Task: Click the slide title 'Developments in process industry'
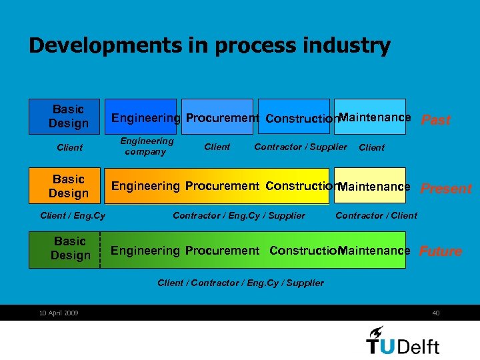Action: pos(209,45)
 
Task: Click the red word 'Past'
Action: pos(436,120)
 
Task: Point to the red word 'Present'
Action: pos(446,189)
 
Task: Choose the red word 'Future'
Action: pos(440,251)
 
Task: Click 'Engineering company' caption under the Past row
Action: pos(146,146)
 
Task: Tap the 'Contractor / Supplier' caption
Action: pos(301,147)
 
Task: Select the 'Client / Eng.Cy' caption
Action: pos(73,215)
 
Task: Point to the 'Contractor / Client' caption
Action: pos(376,215)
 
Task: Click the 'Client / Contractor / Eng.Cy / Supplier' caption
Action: pos(241,283)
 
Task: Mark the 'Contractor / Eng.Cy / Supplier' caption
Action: pos(239,215)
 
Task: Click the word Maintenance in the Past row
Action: pos(375,117)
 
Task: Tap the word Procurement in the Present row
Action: pos(222,186)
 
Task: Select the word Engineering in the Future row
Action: pos(145,251)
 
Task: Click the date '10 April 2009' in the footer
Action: pos(59,313)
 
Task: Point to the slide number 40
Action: pos(435,313)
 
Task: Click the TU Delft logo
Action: pos(403,340)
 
